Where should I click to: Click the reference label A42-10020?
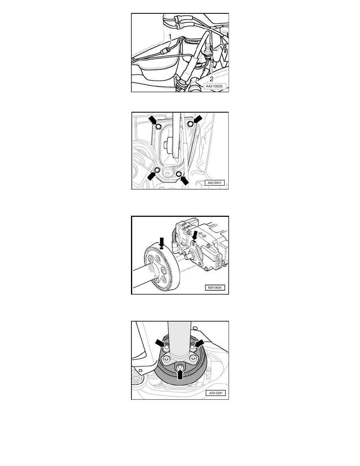[x=214, y=86]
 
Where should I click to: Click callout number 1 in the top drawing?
[x=170, y=36]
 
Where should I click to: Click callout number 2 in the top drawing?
[x=211, y=79]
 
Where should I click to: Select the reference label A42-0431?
[x=215, y=183]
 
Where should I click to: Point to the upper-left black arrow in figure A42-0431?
[x=153, y=120]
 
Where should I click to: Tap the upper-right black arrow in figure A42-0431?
[x=197, y=120]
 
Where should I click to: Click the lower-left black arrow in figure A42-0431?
[x=153, y=176]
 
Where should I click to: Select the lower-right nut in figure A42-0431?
[x=178, y=173]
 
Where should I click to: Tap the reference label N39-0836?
[x=215, y=288]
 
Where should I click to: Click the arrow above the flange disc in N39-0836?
[x=161, y=241]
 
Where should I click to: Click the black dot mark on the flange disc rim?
[x=161, y=247]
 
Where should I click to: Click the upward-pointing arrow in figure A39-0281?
[x=180, y=374]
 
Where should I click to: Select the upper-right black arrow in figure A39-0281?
[x=199, y=343]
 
